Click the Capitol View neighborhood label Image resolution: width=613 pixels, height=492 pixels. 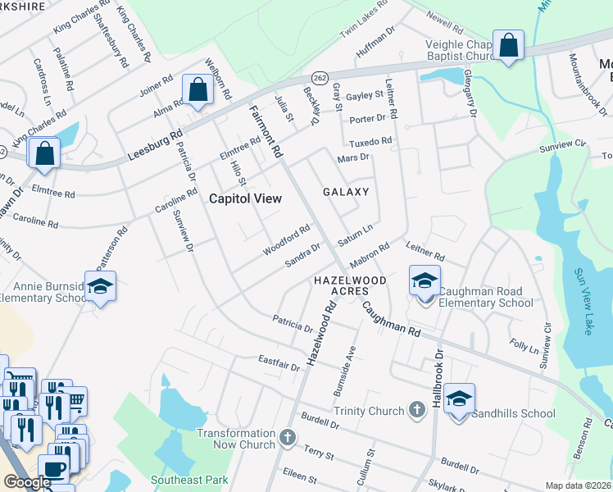(245, 198)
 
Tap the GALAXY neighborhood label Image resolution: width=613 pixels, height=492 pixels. (345, 191)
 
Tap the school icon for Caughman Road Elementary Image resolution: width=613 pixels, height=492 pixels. (425, 283)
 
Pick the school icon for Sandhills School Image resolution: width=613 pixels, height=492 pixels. (460, 400)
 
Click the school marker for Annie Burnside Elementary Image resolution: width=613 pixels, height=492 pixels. (100, 287)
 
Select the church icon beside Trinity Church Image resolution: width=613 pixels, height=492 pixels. (418, 411)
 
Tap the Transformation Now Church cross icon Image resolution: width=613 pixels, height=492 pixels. (287, 438)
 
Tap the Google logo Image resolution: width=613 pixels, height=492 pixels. (27, 482)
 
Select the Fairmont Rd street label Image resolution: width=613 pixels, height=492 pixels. (266, 131)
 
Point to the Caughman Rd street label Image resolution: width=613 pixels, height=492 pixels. (392, 320)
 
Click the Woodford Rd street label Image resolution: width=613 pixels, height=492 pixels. (286, 240)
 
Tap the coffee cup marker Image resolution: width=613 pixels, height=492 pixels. (54, 470)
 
